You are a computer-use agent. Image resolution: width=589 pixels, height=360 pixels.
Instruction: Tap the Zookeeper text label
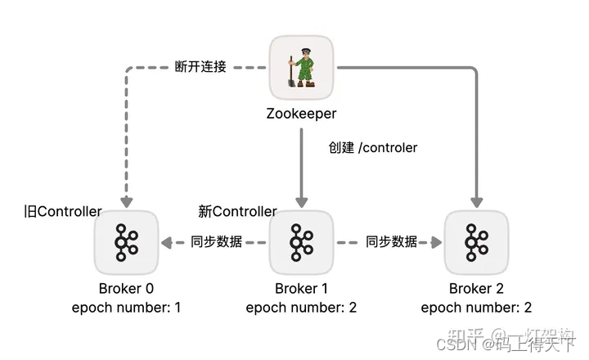pos(301,114)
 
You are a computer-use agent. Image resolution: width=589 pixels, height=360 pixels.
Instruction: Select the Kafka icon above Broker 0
pos(126,242)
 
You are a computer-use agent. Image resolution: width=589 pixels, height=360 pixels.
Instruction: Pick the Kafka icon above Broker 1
pos(301,242)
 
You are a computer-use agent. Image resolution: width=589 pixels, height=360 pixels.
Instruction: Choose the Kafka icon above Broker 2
pos(476,242)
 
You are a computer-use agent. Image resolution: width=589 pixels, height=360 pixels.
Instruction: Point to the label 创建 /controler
pos(373,148)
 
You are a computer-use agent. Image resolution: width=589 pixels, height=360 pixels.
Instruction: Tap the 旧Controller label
pos(64,211)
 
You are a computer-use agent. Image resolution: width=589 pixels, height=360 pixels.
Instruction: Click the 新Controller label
pos(238,211)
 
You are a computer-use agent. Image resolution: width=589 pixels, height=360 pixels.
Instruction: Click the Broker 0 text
pos(126,288)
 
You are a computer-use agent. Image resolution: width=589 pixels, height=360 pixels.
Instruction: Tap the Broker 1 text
pos(301,288)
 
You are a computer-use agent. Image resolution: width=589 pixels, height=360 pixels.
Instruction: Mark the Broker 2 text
pos(476,288)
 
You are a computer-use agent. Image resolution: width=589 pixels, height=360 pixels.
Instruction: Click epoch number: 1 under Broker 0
pos(126,307)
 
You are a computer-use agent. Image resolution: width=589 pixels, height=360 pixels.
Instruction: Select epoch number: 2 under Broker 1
pos(301,307)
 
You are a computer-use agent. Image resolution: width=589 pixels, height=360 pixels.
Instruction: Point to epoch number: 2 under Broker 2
pos(476,307)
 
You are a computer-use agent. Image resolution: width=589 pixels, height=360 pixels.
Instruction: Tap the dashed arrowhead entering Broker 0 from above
pos(126,201)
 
